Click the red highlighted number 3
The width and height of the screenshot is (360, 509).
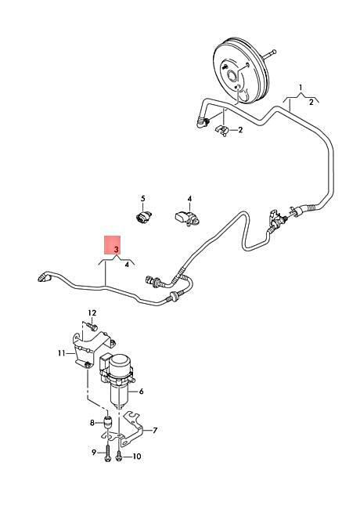(117, 249)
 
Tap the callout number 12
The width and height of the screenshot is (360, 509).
(92, 312)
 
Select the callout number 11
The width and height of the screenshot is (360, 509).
(62, 353)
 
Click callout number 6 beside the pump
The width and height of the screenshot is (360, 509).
(141, 392)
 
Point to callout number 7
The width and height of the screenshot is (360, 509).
(155, 430)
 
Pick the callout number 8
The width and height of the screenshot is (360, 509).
(92, 423)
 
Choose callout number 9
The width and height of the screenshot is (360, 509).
(94, 452)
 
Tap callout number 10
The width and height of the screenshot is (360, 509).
(137, 457)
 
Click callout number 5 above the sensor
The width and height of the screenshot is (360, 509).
(143, 198)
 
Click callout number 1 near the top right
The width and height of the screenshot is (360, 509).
(301, 88)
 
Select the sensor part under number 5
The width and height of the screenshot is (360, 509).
(143, 217)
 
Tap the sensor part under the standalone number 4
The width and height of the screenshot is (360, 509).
(187, 218)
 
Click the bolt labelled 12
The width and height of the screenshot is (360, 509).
(92, 326)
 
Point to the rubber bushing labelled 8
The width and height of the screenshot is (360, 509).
(107, 421)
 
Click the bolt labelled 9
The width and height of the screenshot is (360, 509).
(108, 452)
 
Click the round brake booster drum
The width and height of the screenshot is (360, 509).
(242, 71)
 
